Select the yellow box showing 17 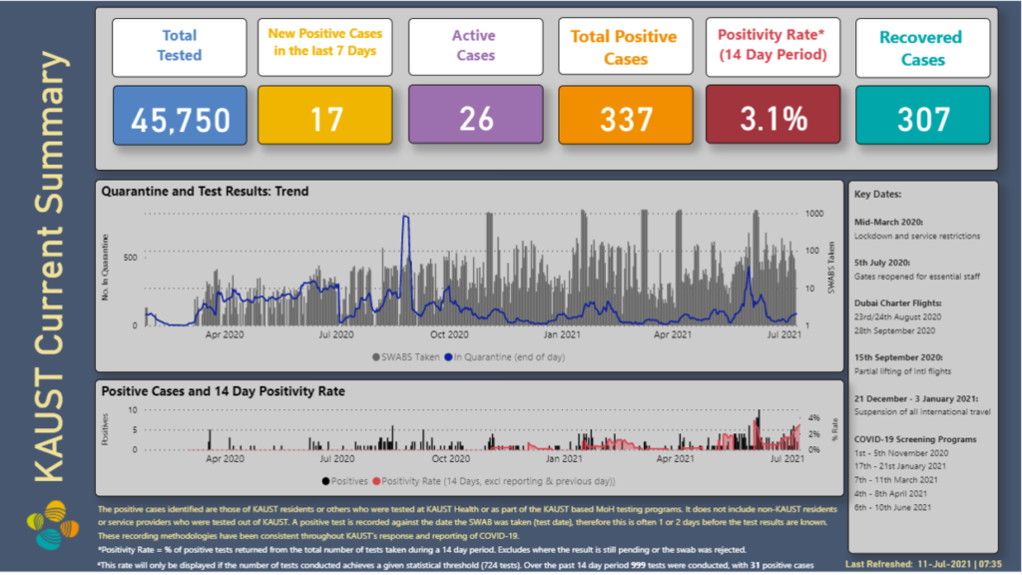coord(325,118)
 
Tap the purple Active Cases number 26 coord(475,118)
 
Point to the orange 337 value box coord(625,118)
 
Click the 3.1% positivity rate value coord(773,118)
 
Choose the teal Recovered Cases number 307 coord(922,118)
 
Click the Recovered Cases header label coord(922,48)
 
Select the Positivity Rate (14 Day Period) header coord(773,45)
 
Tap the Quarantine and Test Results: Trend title coord(206,191)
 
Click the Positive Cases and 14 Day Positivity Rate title coord(224,391)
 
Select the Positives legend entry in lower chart coord(346,480)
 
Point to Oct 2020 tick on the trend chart coord(449,335)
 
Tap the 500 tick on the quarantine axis coord(129,258)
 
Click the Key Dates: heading coord(878,196)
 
